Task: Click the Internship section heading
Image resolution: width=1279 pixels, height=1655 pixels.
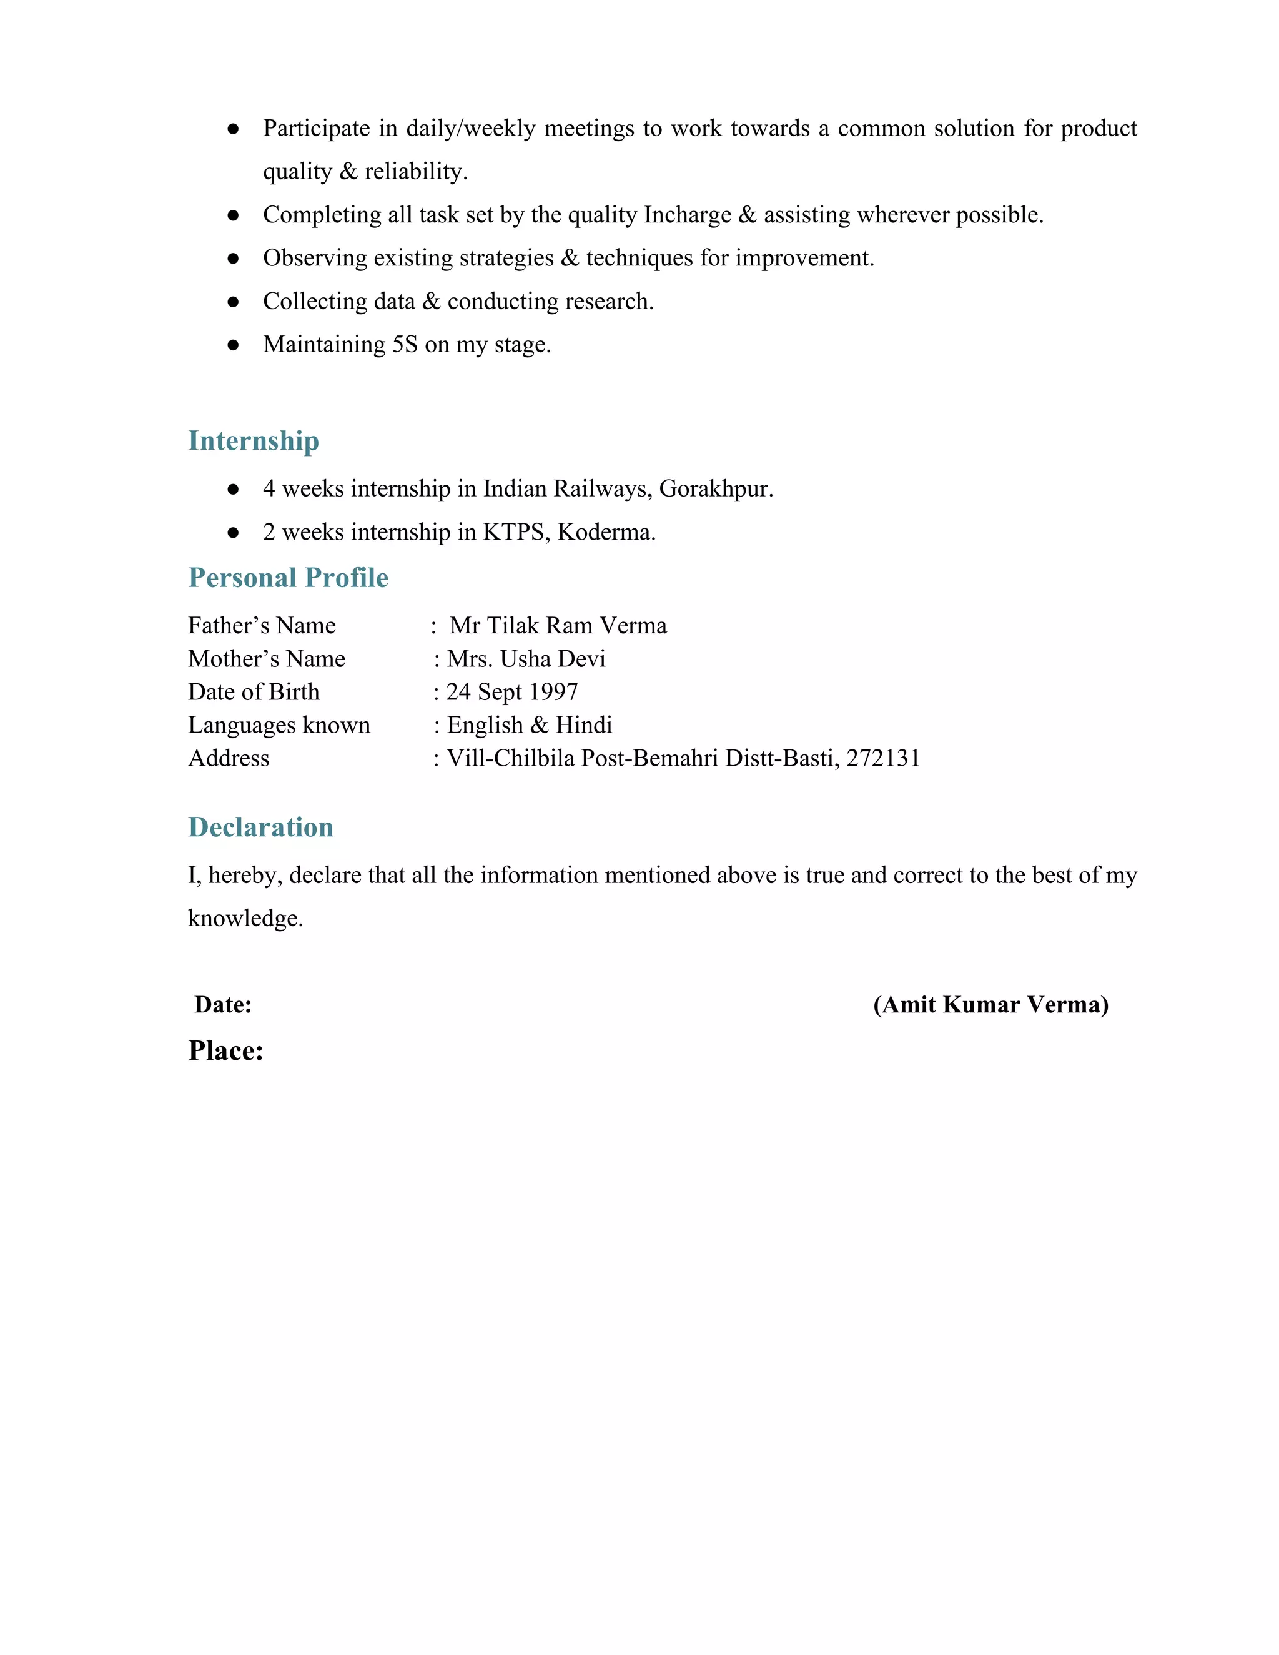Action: point(253,441)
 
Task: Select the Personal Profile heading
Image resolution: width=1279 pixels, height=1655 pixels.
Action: point(288,578)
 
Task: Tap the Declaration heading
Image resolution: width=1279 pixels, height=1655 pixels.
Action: point(260,827)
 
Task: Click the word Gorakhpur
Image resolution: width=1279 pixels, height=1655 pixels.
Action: point(715,489)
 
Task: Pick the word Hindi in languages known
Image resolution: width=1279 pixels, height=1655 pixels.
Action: point(583,725)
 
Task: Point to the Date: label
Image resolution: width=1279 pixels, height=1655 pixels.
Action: point(223,1005)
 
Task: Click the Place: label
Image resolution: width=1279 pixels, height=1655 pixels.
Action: point(226,1051)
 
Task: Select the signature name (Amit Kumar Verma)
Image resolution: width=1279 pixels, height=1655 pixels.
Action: point(990,1005)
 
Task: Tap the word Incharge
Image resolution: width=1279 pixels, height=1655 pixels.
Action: point(687,215)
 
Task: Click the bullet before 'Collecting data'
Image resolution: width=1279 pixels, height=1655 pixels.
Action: point(234,302)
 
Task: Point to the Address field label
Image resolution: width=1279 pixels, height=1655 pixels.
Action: point(229,759)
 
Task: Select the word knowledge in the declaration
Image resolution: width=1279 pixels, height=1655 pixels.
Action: point(245,919)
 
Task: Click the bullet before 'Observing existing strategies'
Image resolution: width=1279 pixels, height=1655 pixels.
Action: point(234,259)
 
